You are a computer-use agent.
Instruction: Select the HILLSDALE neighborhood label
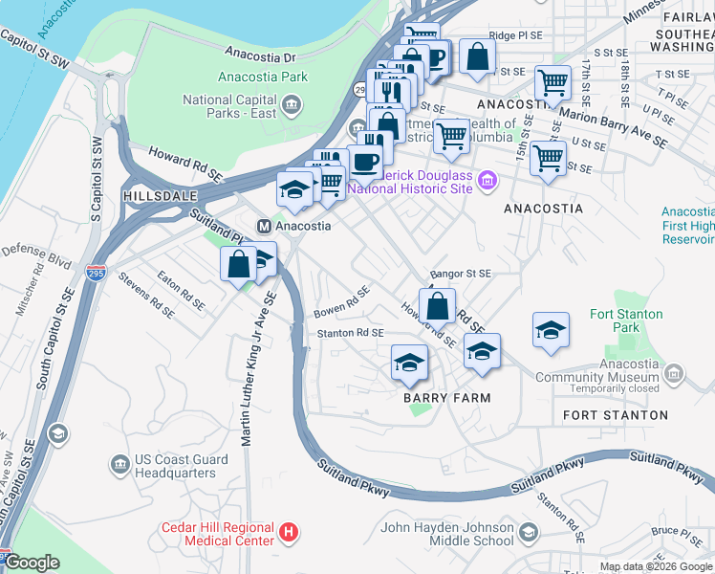153,194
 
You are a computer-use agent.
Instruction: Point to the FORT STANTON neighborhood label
616,415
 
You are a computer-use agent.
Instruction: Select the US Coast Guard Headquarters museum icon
120,465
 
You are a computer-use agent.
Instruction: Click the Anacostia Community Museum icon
675,371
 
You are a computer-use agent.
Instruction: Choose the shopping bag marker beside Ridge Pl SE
477,56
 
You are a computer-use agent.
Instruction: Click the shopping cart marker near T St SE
552,83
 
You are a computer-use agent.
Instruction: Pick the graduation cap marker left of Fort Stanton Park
551,332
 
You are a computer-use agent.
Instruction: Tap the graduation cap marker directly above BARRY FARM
409,364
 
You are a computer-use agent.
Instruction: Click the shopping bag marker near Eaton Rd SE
237,266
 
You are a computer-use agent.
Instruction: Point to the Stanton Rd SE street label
350,333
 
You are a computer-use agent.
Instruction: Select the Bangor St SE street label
460,274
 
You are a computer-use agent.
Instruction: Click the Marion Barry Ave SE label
612,126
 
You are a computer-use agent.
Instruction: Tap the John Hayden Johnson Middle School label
447,534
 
